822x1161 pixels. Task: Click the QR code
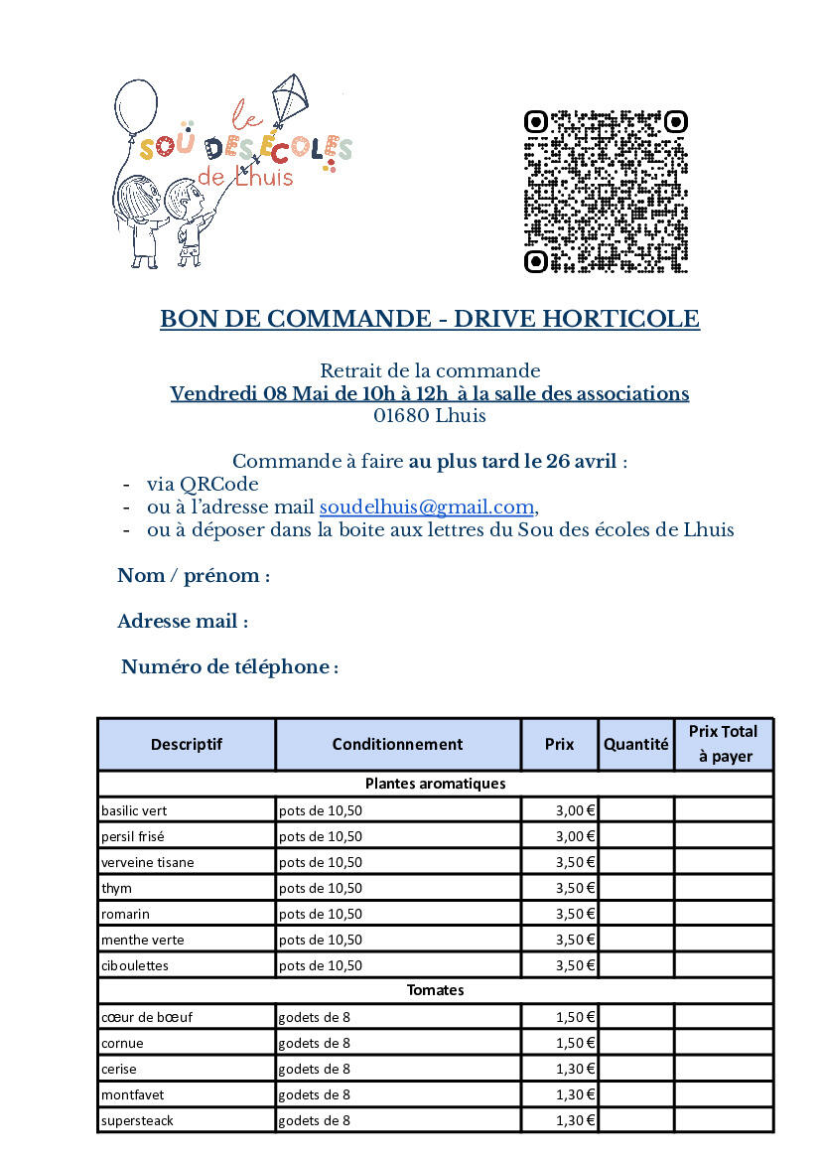[605, 192]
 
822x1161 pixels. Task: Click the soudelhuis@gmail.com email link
[426, 507]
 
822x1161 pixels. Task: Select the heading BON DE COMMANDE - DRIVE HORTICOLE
[430, 319]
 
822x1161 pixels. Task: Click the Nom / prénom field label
[194, 576]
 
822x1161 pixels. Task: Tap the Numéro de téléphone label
[229, 667]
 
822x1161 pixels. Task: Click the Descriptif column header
[187, 744]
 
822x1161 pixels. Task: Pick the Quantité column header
[635, 744]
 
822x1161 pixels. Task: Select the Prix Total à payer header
[723, 744]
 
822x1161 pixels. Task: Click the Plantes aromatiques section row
[435, 784]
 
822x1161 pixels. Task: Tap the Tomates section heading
[435, 990]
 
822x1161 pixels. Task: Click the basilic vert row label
[134, 810]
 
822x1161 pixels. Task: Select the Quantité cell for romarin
[635, 914]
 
